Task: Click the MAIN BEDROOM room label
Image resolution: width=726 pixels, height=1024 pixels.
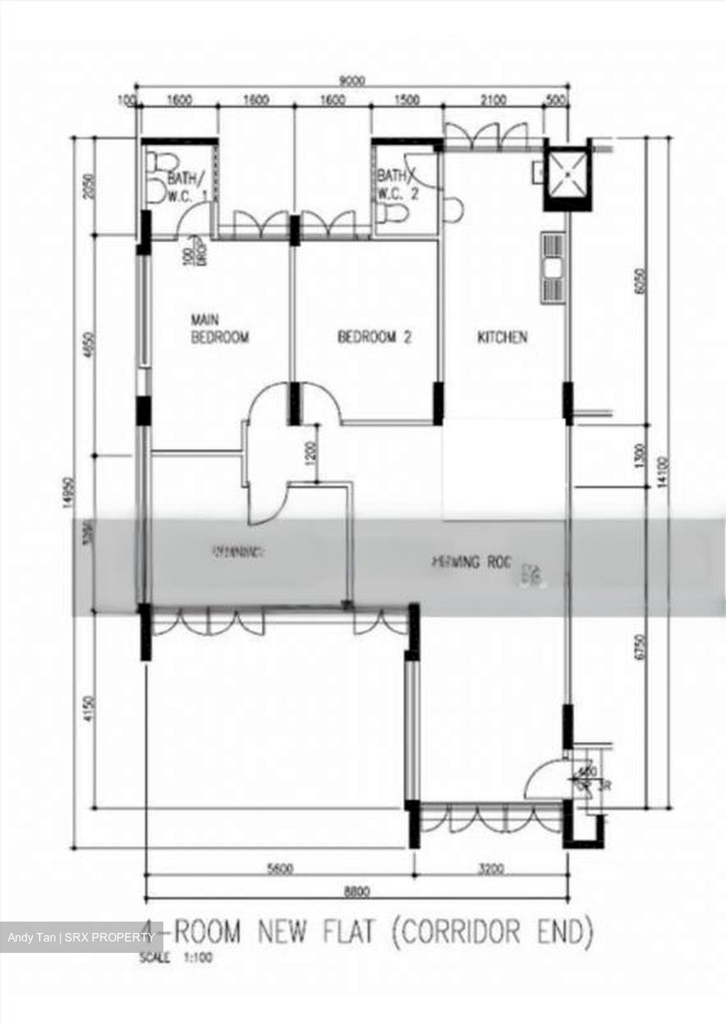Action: point(220,329)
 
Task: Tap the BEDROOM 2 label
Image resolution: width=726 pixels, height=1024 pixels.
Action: point(374,337)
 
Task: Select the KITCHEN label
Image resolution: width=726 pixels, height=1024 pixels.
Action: point(502,337)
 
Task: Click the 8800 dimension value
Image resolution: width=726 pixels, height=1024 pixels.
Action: point(356,890)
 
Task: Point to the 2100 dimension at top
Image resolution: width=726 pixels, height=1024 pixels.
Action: point(493,100)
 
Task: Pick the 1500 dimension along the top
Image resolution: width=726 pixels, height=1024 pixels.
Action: point(406,100)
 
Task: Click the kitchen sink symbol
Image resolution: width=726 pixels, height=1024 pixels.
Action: point(552,269)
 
